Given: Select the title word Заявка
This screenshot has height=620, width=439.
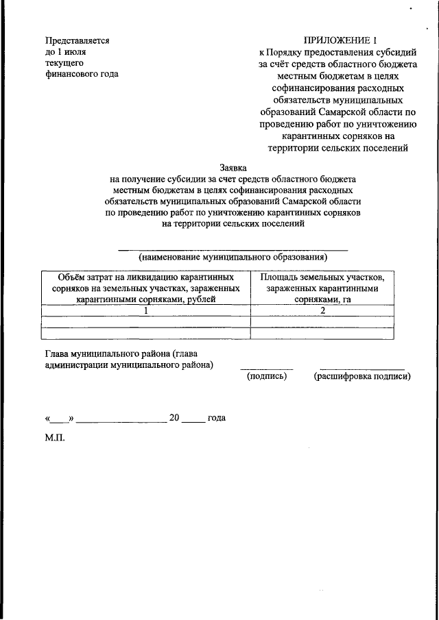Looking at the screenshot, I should (233, 166).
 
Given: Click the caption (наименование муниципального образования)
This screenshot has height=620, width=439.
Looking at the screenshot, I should (233, 258).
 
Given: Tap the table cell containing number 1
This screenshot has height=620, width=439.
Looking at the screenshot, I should (145, 310).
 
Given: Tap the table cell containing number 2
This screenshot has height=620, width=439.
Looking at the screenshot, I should (322, 310).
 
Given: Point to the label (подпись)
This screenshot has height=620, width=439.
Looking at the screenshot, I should (266, 376).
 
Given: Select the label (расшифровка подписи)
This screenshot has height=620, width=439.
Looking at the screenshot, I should (361, 376).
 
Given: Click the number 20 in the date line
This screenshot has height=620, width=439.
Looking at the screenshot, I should (174, 417).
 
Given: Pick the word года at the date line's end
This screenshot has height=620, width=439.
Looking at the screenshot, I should (216, 417).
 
